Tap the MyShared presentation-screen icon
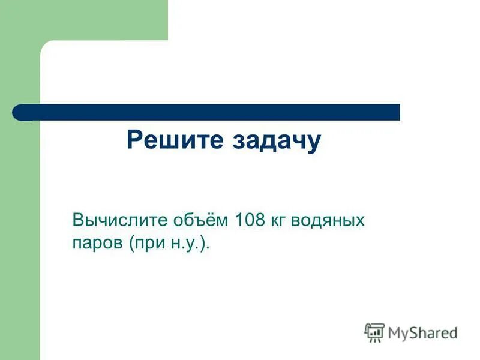coord(374,332)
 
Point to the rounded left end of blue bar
coord(18,112)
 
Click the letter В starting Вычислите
coord(77,220)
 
